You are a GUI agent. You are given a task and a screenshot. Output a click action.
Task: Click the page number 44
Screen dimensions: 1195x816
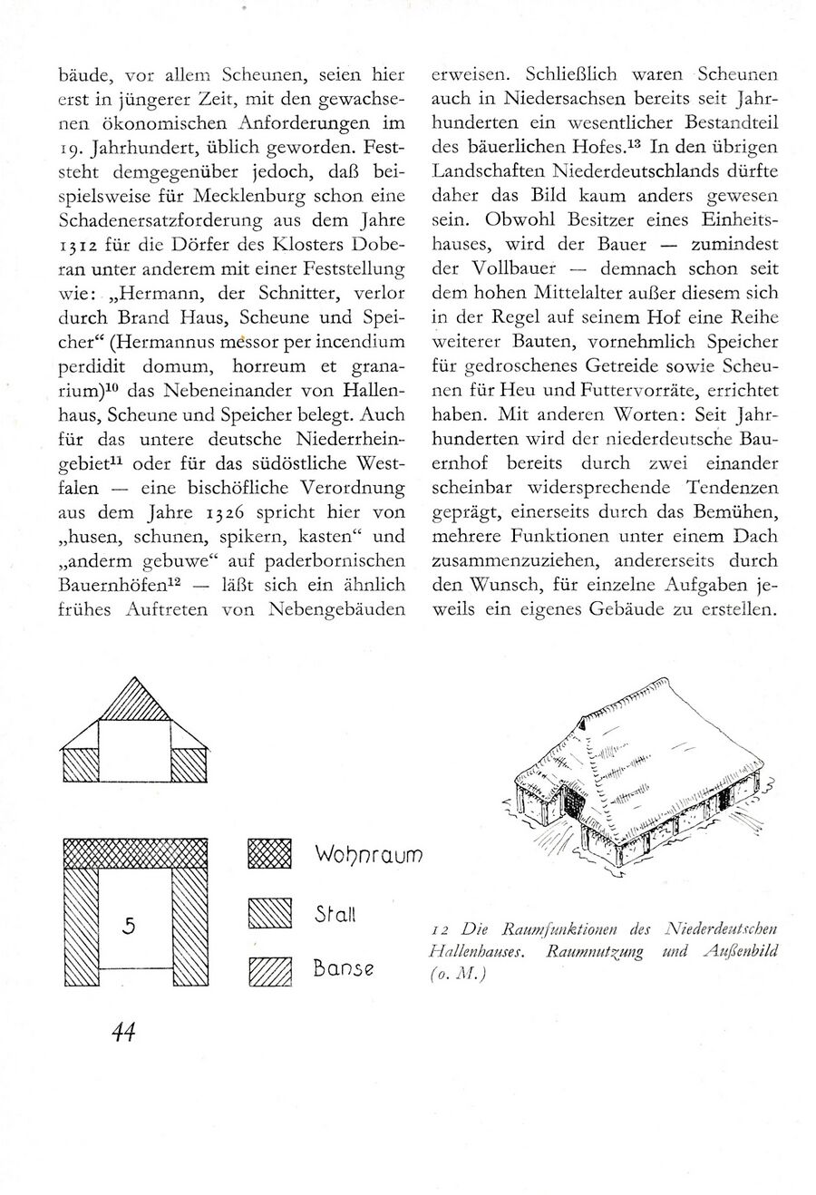click(x=123, y=1031)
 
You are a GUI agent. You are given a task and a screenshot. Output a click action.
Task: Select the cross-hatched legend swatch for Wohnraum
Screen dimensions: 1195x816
click(x=269, y=854)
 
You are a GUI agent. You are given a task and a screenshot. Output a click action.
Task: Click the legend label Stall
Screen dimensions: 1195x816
click(x=335, y=914)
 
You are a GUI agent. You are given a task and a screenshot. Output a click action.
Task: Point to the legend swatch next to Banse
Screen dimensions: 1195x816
click(x=269, y=971)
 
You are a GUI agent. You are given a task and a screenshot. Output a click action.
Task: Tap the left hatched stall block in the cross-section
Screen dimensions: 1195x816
click(x=79, y=765)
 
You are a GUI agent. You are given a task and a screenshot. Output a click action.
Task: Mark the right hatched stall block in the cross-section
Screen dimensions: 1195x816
click(x=190, y=765)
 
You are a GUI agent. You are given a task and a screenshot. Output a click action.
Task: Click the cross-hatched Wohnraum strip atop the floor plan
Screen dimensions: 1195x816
click(x=135, y=853)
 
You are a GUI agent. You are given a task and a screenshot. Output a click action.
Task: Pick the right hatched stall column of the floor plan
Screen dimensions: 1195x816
click(x=191, y=927)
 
